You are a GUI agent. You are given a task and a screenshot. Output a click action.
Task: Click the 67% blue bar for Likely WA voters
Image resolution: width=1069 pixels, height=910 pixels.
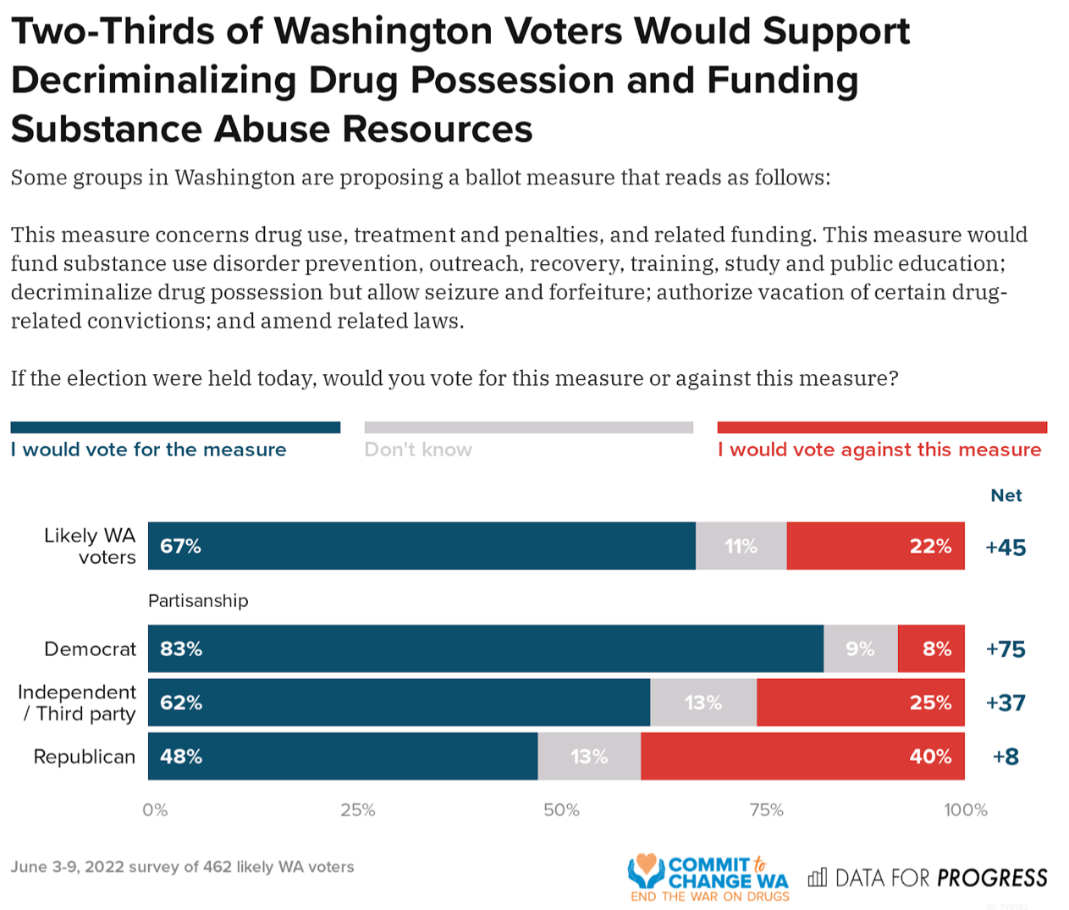[422, 546]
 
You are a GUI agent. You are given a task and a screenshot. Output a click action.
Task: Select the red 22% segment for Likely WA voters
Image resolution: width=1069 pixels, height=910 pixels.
[875, 546]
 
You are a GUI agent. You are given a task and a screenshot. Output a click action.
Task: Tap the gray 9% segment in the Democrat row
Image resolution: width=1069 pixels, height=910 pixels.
[860, 649]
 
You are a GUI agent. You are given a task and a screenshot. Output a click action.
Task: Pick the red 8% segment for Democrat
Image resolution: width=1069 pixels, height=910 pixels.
[931, 649]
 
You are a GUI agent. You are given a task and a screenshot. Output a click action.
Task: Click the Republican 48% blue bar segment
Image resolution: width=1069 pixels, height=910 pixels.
[343, 756]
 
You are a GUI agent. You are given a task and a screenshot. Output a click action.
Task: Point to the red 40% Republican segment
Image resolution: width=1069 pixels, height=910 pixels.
[802, 756]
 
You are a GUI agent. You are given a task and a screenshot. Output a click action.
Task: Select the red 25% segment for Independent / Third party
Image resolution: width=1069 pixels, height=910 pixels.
[860, 703]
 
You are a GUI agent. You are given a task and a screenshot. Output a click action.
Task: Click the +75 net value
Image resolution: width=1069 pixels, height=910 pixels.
[1006, 649]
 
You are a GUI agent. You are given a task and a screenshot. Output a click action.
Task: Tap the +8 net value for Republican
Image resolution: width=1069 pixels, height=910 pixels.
[1006, 756]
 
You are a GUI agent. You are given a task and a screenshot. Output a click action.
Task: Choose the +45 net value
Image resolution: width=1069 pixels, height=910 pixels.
[1006, 548]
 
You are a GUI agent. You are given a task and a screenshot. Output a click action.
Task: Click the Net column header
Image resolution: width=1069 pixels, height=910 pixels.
[1006, 495]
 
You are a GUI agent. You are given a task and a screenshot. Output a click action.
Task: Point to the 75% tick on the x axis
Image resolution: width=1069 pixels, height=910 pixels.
[766, 810]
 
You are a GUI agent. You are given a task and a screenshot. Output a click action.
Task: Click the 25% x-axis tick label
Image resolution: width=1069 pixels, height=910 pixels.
[358, 810]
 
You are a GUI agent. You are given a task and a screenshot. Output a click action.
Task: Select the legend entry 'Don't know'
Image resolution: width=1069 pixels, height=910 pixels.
[418, 449]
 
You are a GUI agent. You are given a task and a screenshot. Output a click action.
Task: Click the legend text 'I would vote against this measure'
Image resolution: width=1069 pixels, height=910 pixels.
[879, 449]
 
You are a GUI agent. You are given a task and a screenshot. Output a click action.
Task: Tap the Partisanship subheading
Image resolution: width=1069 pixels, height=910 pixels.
[198, 601]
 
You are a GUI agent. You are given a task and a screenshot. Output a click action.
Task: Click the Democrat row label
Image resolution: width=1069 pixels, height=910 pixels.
[90, 649]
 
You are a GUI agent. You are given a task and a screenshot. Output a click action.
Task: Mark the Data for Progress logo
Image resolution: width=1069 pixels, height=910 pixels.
[928, 878]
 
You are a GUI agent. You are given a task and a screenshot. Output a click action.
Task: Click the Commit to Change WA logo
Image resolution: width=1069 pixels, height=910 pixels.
[709, 878]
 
